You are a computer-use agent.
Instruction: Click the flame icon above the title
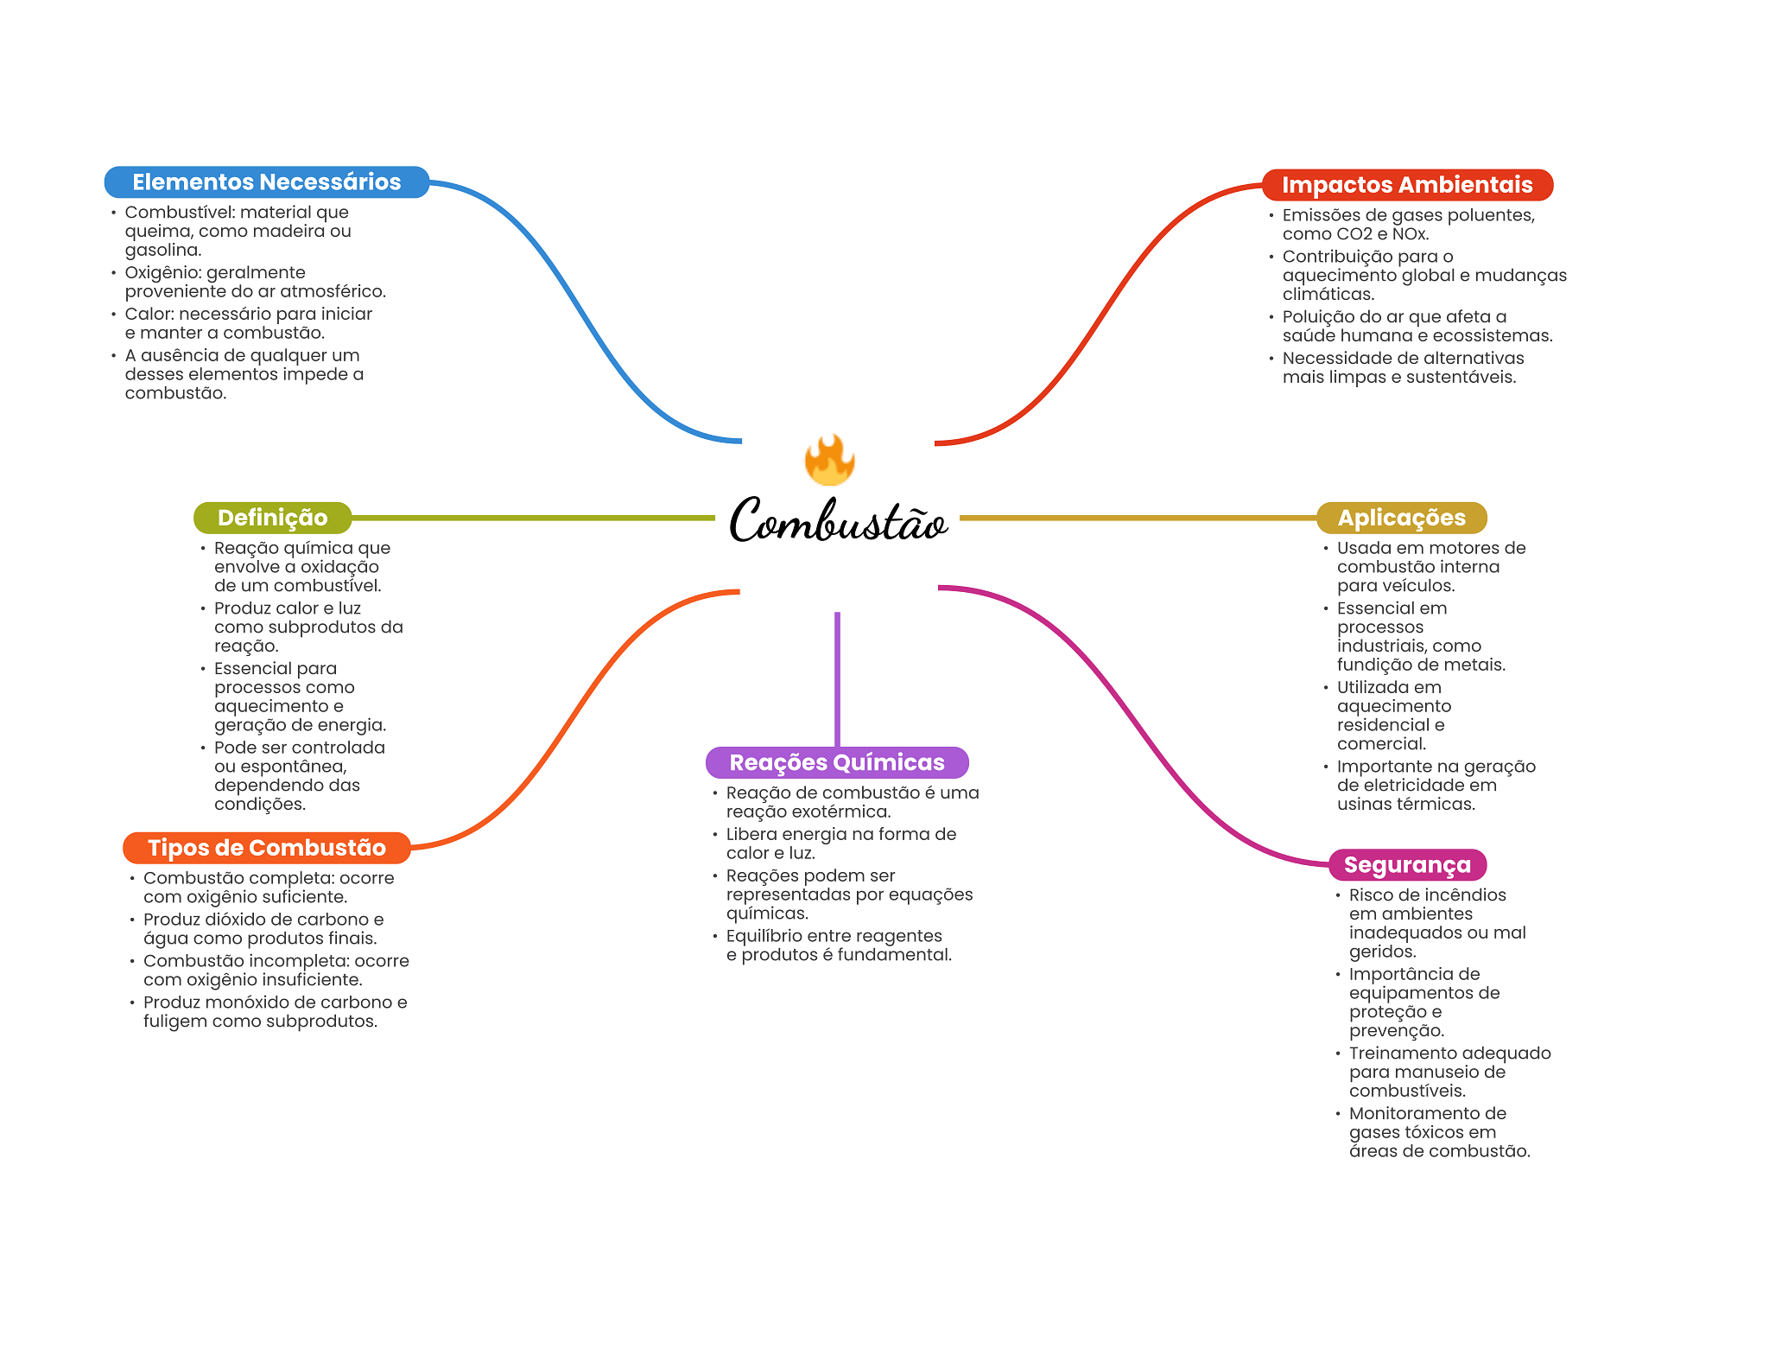coord(829,459)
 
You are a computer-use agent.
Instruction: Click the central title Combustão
coord(839,520)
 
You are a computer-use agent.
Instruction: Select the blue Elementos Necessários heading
coord(267,182)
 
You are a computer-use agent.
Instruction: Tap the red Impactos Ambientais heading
coord(1407,185)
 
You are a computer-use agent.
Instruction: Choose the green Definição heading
coord(272,518)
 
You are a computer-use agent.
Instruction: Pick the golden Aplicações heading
coord(1401,518)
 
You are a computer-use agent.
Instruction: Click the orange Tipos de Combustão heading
coord(266,848)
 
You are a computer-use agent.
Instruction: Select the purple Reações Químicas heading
coord(837,762)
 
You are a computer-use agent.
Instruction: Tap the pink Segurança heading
coord(1407,865)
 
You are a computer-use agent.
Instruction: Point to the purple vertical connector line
coord(837,679)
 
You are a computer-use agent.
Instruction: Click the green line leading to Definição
coord(533,518)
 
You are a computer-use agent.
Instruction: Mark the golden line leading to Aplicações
coord(1138,518)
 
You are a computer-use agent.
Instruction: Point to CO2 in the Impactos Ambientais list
coord(1354,234)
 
